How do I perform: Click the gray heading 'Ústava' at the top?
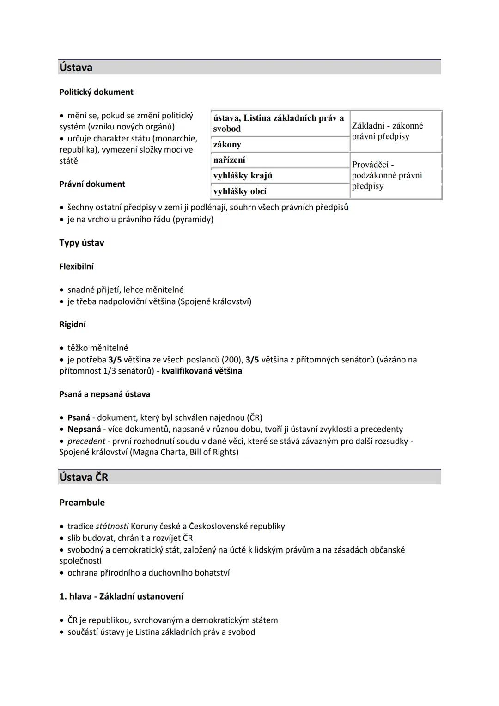[76, 68]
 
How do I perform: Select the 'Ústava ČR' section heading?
[84, 477]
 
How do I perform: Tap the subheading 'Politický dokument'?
[96, 92]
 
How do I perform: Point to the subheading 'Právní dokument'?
[92, 184]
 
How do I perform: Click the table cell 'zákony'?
[227, 145]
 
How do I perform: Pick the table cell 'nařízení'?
[229, 160]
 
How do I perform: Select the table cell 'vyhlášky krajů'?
[243, 176]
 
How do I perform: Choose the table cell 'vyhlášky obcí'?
[240, 191]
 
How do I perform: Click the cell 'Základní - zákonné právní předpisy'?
[387, 131]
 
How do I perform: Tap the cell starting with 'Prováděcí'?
[387, 175]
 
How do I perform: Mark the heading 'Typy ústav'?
[82, 243]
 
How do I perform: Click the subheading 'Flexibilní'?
[76, 266]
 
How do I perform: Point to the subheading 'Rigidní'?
[73, 325]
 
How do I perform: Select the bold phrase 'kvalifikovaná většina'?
[201, 371]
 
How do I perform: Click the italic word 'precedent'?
[86, 441]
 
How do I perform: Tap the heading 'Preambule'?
[82, 503]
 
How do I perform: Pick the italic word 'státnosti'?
[112, 526]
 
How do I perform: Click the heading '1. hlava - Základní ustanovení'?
[121, 596]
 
